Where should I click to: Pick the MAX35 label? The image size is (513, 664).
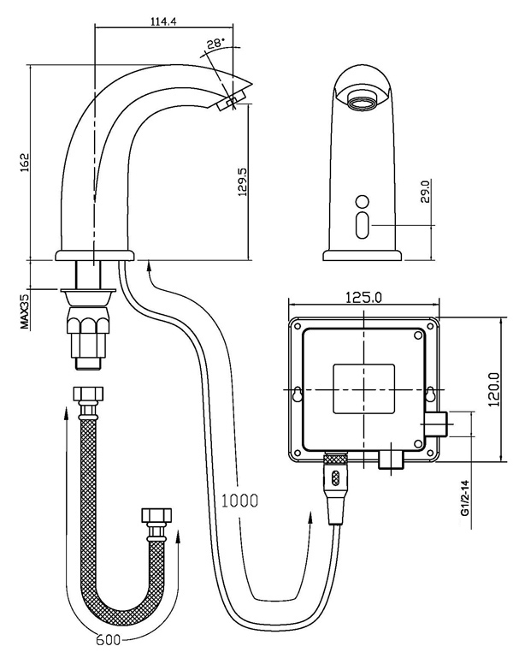click(x=25, y=311)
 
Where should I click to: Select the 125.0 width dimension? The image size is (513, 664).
click(x=363, y=297)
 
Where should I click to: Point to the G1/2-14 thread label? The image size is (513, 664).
click(x=464, y=501)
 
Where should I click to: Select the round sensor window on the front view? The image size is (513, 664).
click(x=361, y=202)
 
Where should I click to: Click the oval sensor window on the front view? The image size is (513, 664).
click(x=361, y=227)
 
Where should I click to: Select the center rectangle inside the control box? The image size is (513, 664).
click(x=363, y=388)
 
